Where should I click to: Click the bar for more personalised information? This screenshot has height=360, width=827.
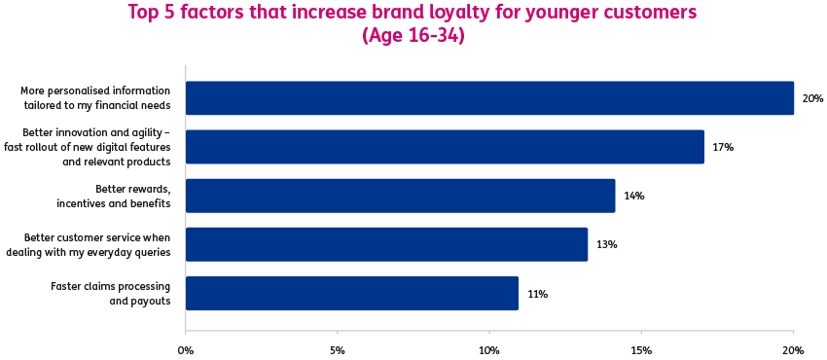click(489, 98)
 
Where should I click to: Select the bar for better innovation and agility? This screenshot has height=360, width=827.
click(445, 147)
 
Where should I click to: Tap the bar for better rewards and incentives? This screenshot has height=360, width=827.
click(400, 196)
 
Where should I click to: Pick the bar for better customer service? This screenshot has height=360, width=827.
click(386, 244)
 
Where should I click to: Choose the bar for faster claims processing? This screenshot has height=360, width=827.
click(351, 293)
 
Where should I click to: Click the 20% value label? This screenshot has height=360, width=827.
click(812, 98)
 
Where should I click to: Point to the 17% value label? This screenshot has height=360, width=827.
click(722, 147)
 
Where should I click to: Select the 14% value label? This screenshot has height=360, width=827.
click(633, 196)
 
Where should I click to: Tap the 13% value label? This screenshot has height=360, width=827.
click(606, 244)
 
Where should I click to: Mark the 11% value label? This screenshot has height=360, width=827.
click(537, 293)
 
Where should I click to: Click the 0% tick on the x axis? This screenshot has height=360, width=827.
click(185, 349)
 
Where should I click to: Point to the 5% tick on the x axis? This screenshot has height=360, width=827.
click(337, 349)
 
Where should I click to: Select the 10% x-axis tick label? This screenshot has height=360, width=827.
click(488, 349)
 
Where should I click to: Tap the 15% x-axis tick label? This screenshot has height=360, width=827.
click(640, 349)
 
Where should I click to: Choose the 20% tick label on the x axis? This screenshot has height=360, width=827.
click(793, 349)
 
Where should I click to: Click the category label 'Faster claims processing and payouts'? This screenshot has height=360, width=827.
click(110, 293)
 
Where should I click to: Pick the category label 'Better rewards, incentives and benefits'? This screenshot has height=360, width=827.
click(124, 196)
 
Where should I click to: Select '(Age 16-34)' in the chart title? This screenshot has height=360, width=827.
click(413, 36)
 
